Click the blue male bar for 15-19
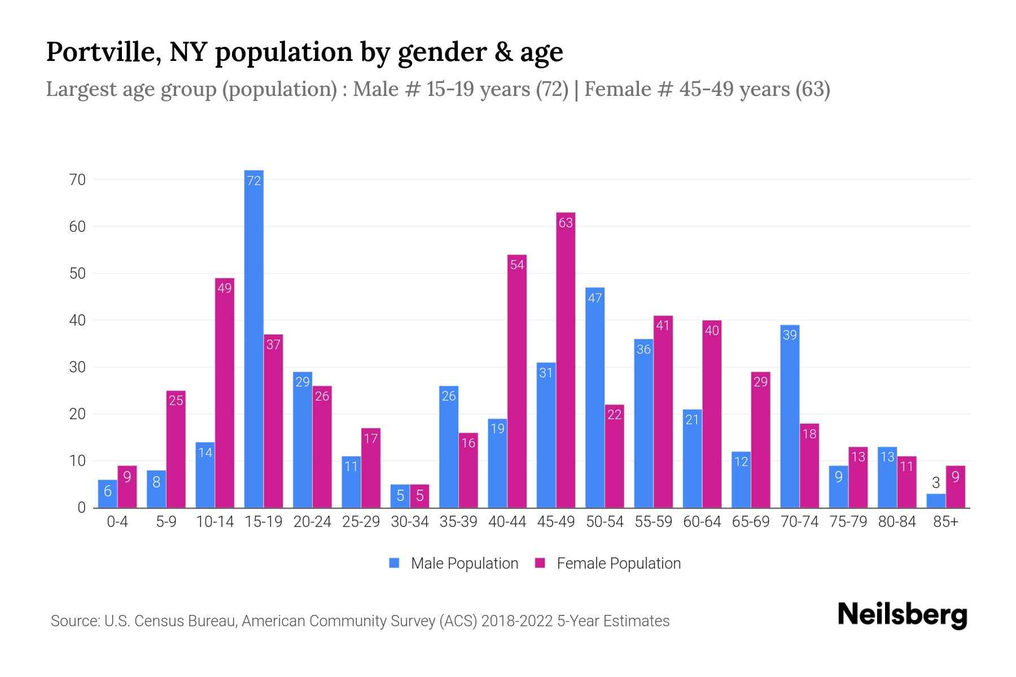[254, 338]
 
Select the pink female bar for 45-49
[566, 361]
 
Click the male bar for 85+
[936, 501]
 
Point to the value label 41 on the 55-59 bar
[663, 326]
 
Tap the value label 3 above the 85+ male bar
[936, 483]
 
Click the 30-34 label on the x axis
[410, 522]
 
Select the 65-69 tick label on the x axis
[751, 522]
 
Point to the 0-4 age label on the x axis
[117, 522]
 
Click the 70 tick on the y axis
[77, 180]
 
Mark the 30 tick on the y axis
[77, 367]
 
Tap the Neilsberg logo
[902, 615]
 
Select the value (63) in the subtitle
[812, 89]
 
